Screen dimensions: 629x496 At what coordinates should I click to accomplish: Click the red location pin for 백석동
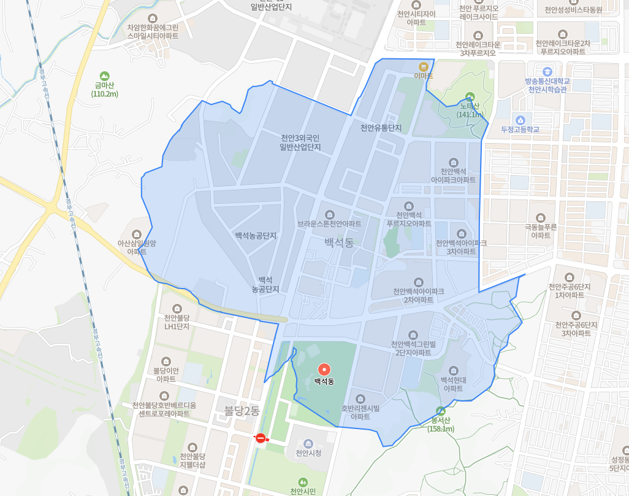[x=324, y=370]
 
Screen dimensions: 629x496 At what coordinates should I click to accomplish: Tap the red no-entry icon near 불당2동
[x=260, y=438]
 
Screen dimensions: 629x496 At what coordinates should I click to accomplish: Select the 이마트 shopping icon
[x=424, y=66]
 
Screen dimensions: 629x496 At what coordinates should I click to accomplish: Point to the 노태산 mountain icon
[x=470, y=96]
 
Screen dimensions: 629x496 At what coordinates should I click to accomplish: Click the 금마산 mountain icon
[x=104, y=76]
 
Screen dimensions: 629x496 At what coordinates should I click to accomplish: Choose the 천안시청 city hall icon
[x=308, y=443]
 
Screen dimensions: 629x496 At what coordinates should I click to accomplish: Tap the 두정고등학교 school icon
[x=520, y=120]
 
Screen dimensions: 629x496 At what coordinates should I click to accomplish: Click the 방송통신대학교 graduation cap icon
[x=547, y=71]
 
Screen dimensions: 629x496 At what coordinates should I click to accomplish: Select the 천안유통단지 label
[x=381, y=128]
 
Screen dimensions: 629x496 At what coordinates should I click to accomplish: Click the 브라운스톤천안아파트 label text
[x=329, y=224]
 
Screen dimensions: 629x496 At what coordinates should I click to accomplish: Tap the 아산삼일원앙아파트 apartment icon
[x=136, y=234]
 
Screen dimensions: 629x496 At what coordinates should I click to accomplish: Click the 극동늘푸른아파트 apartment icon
[x=540, y=218]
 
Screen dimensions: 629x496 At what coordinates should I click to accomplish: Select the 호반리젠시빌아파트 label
[x=360, y=412]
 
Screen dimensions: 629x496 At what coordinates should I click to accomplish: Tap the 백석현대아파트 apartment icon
[x=453, y=371]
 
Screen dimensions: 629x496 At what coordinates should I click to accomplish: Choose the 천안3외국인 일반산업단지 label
[x=300, y=142]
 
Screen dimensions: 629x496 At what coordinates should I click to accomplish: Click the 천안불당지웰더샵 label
[x=193, y=461]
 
